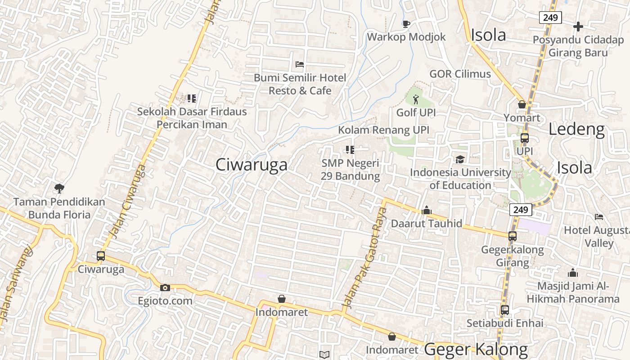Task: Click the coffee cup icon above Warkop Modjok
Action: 406,24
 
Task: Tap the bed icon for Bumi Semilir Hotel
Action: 300,64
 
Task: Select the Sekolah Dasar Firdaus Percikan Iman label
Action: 192,118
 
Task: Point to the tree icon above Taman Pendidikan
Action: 58,188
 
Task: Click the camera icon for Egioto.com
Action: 165,288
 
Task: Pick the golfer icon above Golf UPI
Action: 415,99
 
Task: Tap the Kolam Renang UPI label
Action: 383,130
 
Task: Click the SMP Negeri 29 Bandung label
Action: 351,170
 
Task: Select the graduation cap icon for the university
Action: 460,159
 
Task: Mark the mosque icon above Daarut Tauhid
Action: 427,210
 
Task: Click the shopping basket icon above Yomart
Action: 522,104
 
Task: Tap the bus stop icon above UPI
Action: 525,138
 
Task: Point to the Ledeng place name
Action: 576,130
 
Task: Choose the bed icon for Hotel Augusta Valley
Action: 599,217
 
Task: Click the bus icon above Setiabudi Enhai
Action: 505,310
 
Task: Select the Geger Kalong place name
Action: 476,349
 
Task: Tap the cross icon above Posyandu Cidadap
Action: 578,27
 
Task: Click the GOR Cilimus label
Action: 460,74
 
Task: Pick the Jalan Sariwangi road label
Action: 17,283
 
